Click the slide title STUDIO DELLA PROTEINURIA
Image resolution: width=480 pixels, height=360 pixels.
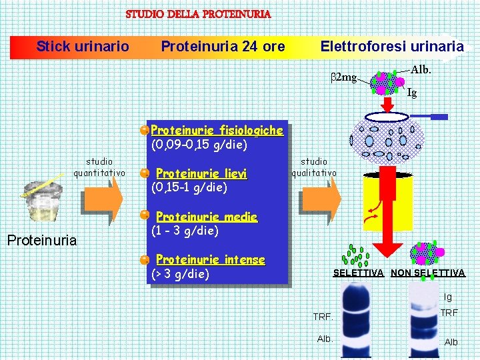[198, 13]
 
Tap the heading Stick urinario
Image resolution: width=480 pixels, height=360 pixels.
[83, 46]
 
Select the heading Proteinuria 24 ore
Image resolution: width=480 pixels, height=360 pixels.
[223, 46]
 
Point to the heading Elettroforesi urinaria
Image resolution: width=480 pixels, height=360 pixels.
[391, 46]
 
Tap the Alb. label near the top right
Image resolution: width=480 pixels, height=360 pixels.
[421, 69]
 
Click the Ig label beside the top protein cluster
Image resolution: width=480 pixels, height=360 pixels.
[412, 93]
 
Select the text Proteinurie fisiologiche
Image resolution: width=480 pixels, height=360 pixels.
[217, 130]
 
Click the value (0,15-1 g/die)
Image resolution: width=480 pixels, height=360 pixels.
[190, 187]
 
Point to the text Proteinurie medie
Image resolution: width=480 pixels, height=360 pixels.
[207, 217]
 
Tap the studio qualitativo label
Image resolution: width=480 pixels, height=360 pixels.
[314, 167]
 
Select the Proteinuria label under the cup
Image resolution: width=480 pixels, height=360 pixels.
[41, 239]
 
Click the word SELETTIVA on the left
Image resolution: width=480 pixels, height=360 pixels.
[358, 273]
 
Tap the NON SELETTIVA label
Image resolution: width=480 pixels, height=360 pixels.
[427, 273]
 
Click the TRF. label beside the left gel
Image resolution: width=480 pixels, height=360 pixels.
[323, 317]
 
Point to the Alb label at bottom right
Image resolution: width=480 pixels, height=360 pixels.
[451, 342]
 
